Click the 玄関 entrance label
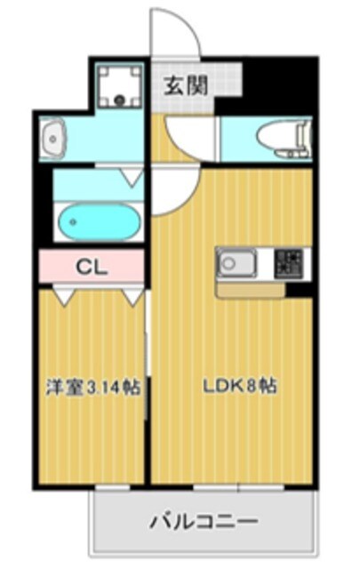click(186, 85)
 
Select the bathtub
click(97, 220)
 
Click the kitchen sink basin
click(236, 263)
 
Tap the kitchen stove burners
click(288, 262)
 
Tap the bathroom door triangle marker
click(132, 178)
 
